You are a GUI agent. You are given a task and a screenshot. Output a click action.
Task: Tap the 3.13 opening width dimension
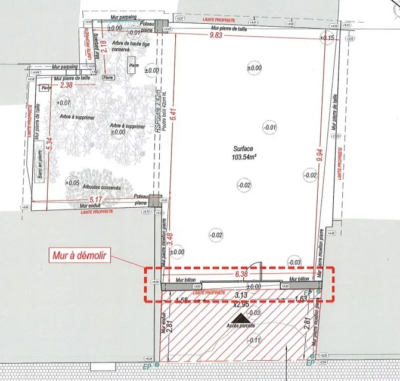(x=241, y=295)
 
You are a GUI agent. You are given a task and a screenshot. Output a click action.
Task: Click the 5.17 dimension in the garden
(x=95, y=199)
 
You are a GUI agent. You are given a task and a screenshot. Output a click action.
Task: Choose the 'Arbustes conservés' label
(x=101, y=188)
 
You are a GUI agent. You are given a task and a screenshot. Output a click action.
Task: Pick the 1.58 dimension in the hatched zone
(x=183, y=299)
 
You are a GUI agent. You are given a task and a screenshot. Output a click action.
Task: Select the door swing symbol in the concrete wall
(x=256, y=271)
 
